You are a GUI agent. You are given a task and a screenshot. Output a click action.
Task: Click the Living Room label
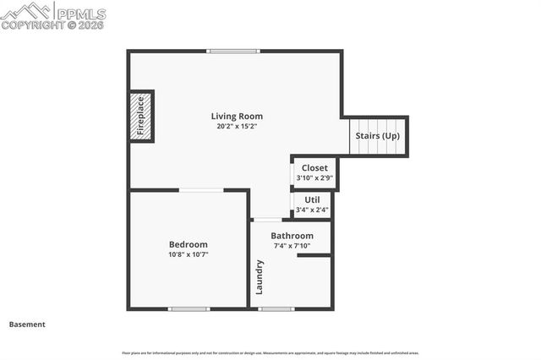237,116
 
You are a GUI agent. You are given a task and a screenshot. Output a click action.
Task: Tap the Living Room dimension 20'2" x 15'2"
237,126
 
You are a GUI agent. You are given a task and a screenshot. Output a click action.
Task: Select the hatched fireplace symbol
142,116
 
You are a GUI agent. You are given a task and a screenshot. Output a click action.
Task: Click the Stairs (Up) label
377,135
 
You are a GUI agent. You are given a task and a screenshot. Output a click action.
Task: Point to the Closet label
314,167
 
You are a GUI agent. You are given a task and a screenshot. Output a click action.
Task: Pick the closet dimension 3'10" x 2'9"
314,177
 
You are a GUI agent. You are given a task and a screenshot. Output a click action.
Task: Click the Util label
312,199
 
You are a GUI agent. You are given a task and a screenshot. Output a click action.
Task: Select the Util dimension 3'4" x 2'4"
312,210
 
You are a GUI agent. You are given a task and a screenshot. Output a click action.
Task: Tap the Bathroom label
292,236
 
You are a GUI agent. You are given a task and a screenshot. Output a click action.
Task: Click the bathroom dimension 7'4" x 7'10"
292,246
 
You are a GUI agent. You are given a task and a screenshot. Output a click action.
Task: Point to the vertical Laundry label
260,276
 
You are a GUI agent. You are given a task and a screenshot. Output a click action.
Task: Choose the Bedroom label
188,244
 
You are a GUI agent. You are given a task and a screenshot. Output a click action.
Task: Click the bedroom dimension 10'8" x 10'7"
188,254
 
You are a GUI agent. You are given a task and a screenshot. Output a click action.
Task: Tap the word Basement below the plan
27,324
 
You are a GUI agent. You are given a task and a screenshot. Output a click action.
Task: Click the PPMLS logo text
80,14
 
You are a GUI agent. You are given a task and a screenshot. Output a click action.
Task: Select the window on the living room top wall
234,51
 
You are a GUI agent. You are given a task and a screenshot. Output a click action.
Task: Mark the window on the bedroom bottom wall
189,309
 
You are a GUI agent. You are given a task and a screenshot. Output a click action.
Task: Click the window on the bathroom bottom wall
276,309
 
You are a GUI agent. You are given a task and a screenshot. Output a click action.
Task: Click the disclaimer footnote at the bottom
270,352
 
